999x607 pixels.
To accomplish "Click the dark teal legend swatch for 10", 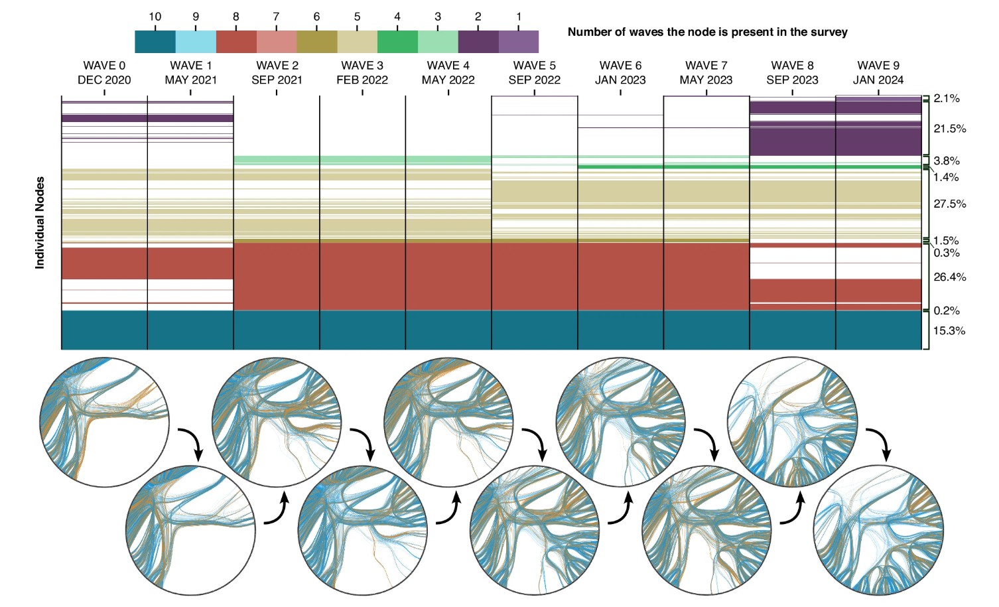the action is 155,42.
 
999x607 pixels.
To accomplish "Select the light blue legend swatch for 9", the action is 196,42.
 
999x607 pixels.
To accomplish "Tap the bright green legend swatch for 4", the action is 397,42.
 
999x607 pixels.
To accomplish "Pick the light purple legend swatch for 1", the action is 519,42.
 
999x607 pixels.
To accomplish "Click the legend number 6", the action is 316,17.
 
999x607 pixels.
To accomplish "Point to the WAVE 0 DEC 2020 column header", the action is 104,73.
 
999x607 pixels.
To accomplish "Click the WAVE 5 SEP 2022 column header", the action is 534,73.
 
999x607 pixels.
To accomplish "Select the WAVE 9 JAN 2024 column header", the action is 878,73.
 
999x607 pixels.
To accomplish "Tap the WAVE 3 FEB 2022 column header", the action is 362,73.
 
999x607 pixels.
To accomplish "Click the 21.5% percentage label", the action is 949,129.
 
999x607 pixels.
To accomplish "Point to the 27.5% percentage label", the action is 949,204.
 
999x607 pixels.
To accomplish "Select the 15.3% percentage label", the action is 949,331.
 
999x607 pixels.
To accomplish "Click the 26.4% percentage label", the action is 949,277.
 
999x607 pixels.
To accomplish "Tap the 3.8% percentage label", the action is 947,161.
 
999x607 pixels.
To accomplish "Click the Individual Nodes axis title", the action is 40,222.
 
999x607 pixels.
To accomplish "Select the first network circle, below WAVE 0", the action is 104,422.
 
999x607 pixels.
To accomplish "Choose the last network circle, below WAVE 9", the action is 878,530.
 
